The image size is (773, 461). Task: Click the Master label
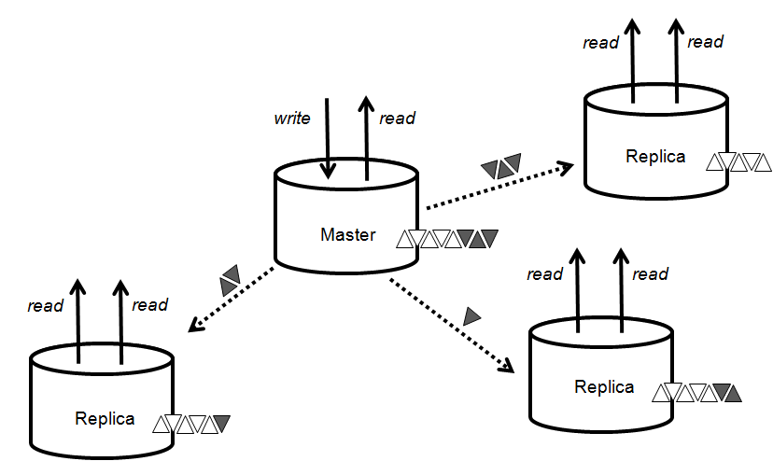347,235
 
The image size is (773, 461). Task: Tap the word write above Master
291,119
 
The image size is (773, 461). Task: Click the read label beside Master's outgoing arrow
397,119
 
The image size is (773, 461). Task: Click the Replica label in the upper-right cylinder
655,156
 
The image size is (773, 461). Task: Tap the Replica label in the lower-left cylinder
105,418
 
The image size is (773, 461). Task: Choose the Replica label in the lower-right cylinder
604,386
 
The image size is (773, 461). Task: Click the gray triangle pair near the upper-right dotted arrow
501,167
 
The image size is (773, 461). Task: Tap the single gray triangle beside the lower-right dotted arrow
472,316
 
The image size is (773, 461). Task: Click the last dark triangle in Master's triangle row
487,239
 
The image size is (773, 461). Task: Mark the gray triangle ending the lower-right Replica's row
732,393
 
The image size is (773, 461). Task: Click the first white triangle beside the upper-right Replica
716,163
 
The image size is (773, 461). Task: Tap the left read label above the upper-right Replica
600,43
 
